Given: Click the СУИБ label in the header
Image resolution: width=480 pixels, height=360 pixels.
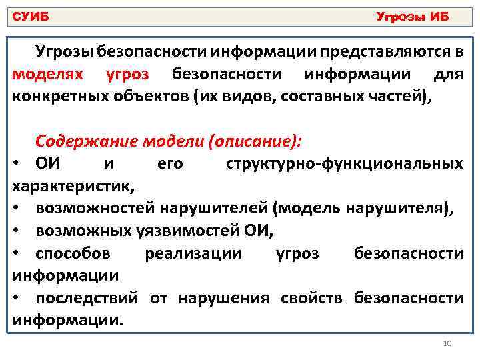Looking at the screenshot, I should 32,16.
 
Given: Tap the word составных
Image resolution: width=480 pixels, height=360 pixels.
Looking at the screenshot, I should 321,95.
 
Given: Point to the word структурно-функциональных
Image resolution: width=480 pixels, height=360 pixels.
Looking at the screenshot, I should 345,163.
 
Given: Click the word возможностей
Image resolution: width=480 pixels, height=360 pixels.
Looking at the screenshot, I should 95,209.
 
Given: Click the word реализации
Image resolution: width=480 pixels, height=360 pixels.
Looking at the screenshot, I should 193,253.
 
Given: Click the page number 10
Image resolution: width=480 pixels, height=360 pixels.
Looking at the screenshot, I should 447,343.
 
